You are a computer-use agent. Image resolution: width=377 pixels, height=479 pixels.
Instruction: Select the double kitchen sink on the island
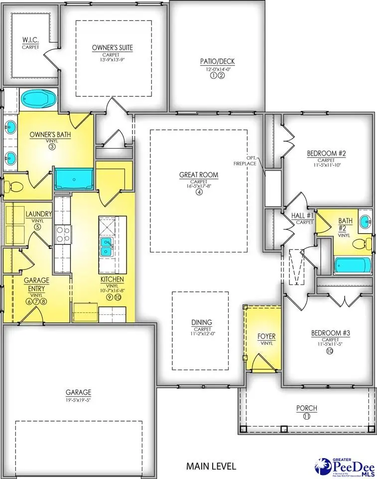106,245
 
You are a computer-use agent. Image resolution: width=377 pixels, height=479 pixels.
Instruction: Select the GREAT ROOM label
199,175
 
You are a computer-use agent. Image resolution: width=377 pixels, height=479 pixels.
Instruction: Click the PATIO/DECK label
218,61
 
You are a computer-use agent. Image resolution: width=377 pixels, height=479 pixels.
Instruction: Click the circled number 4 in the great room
199,192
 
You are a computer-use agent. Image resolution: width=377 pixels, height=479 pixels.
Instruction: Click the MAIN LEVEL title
211,466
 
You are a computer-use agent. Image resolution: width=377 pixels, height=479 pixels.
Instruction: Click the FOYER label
266,336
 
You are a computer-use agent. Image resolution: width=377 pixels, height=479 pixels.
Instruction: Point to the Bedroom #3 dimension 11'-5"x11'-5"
328,344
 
